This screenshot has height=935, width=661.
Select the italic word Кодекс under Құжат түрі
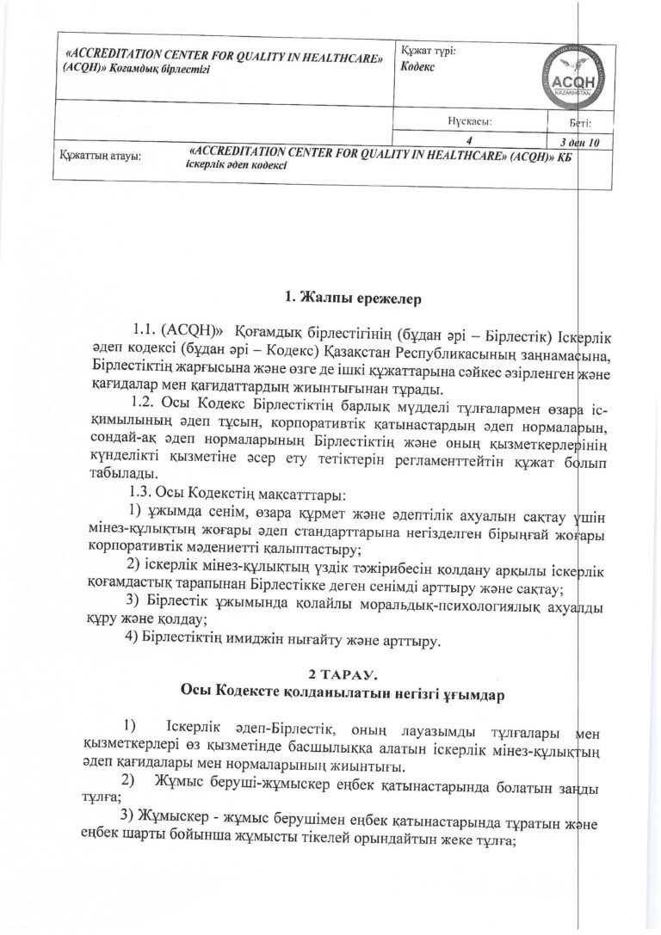(x=419, y=67)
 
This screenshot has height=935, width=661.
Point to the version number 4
(x=469, y=140)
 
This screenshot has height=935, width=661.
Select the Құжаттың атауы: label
(x=101, y=157)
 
